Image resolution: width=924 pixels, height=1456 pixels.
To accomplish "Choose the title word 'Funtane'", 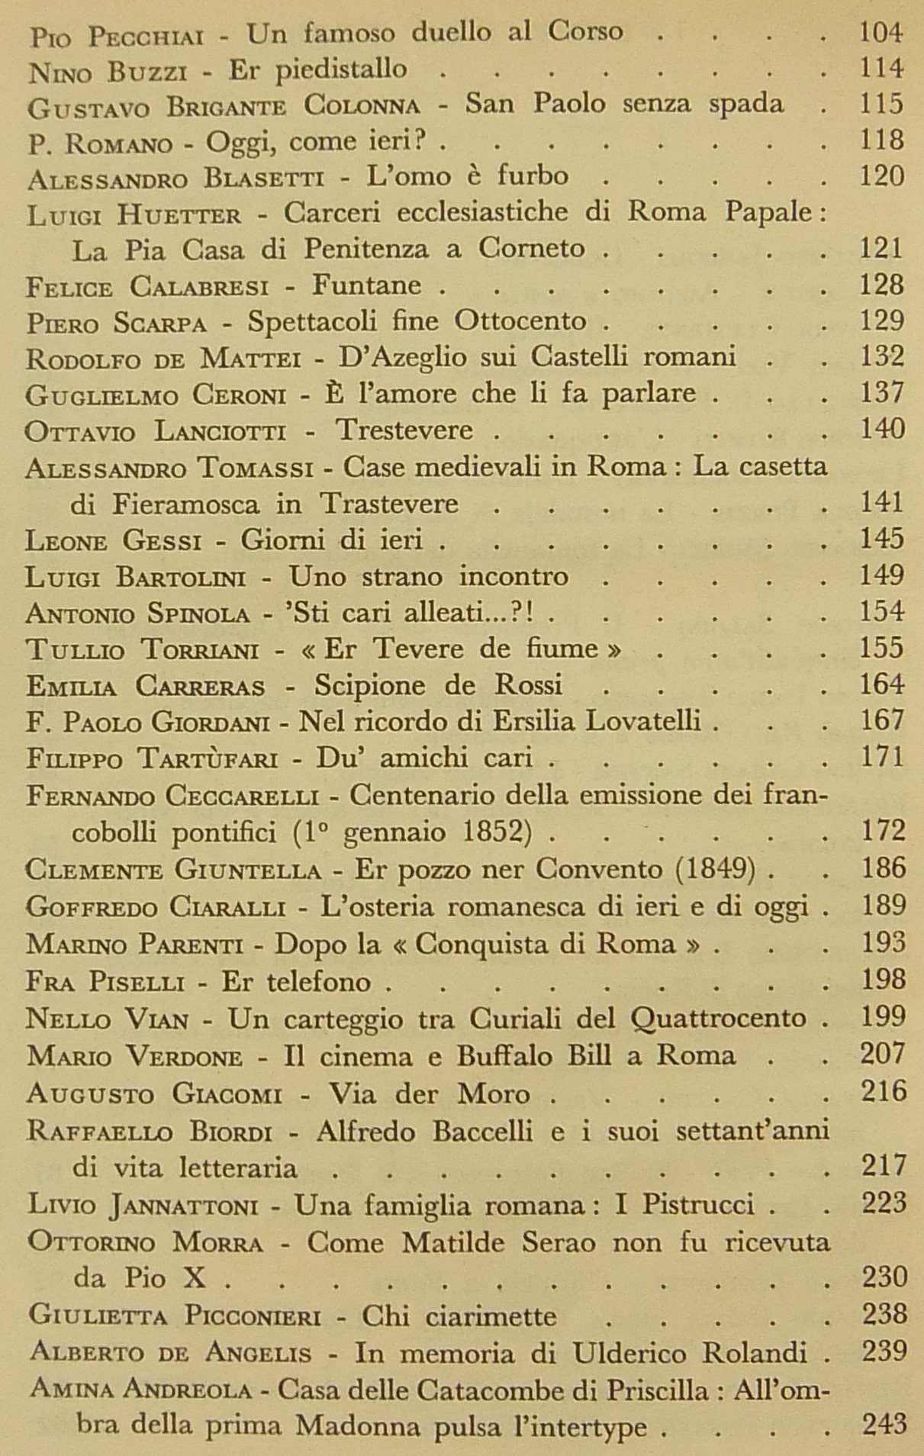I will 366,285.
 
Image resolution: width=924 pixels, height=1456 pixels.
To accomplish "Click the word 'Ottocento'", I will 520,321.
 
